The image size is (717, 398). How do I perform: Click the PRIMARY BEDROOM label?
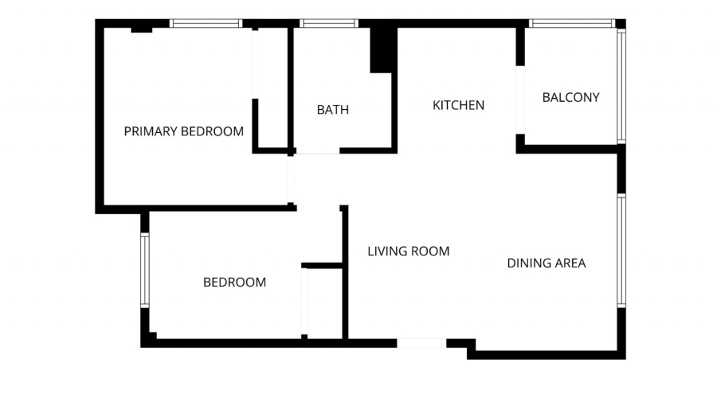(184, 131)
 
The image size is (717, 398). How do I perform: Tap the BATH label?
(333, 110)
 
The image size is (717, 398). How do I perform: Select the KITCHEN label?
(458, 105)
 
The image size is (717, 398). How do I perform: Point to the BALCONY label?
(570, 97)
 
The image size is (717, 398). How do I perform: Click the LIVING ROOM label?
(408, 252)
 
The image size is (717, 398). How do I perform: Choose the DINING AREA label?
(547, 263)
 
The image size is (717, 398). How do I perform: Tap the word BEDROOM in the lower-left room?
(234, 282)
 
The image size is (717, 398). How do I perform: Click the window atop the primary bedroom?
(206, 24)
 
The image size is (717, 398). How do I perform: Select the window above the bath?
(329, 24)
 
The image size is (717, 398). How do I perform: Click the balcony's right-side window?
(621, 86)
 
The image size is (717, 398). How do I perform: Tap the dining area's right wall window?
(621, 251)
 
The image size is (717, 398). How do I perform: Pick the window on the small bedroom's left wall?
(144, 270)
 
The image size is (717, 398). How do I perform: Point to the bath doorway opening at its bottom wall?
(318, 150)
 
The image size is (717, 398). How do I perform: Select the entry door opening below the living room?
(421, 343)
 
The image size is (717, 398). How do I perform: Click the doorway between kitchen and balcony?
(520, 99)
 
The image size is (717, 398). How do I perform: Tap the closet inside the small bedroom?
(324, 302)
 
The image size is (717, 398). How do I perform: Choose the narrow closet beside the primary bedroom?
(272, 88)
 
